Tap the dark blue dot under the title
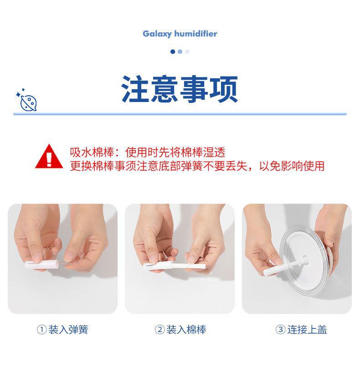(173, 51)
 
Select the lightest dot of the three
(187, 51)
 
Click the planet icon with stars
(28, 101)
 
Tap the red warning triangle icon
(49, 157)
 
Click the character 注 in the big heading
(136, 89)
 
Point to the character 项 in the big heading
(223, 89)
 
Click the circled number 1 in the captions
(41, 330)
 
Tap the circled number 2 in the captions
(159, 330)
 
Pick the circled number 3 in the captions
(280, 330)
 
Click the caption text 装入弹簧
(68, 330)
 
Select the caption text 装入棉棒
(186, 330)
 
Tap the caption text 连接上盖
(307, 330)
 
